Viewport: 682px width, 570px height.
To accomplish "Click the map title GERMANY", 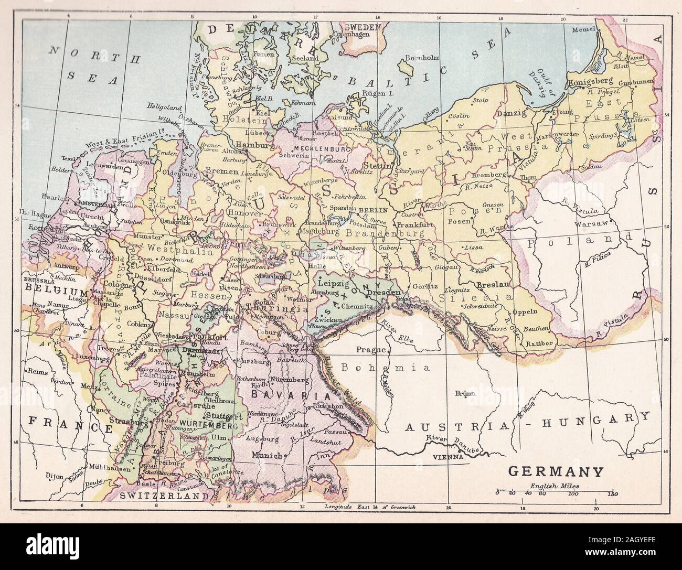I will point(556,471).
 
